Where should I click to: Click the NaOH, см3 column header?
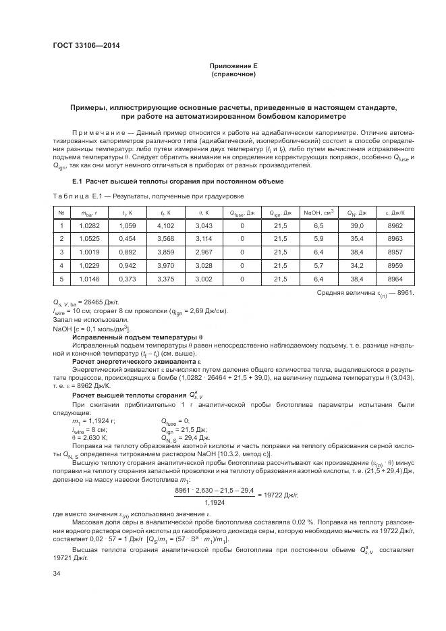tap(319, 212)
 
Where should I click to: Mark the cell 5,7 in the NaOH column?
tap(319, 265)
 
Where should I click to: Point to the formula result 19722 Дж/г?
tap(277, 495)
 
